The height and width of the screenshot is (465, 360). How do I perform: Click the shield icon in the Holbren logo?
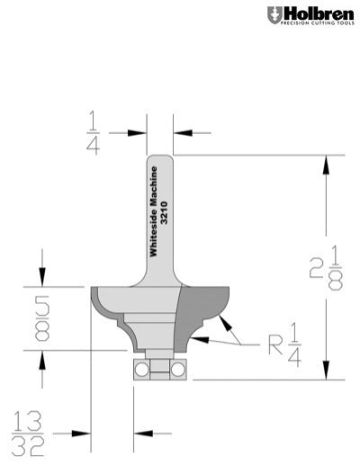click(x=274, y=14)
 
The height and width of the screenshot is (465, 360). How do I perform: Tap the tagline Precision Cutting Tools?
click(x=316, y=24)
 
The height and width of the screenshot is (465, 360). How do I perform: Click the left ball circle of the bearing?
click(x=141, y=368)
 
